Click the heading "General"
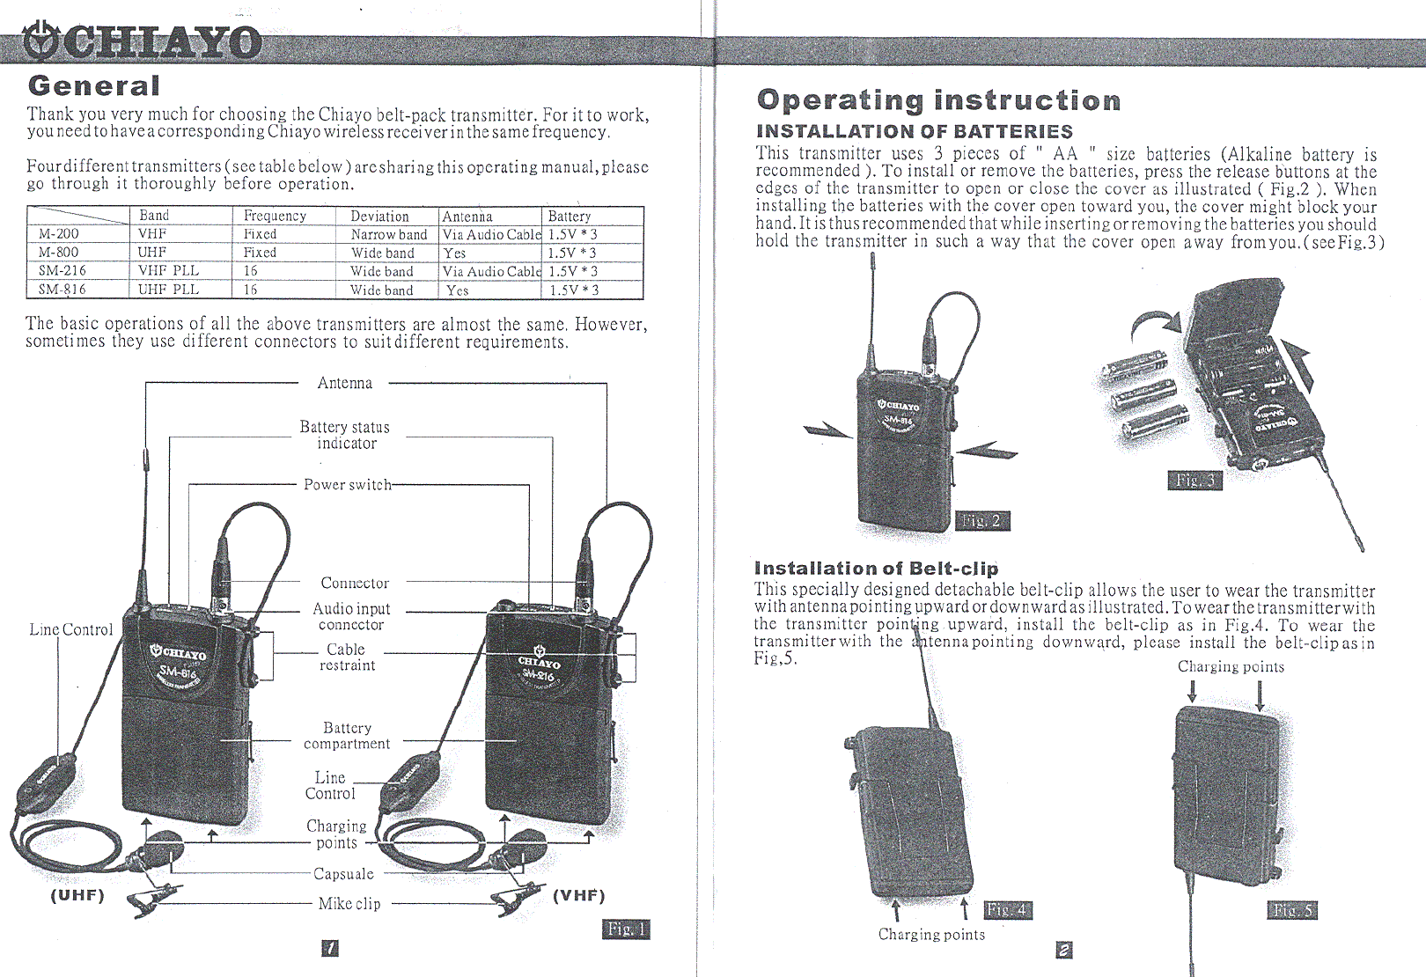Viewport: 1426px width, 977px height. [x=93, y=86]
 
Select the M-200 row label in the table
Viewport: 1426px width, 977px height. [x=58, y=234]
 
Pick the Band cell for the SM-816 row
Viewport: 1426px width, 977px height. [x=168, y=290]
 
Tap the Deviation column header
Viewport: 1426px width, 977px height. [x=379, y=217]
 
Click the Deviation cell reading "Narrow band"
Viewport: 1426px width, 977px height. [x=388, y=235]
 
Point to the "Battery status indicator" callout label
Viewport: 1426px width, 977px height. [x=344, y=435]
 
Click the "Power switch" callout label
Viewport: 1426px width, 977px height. [x=347, y=485]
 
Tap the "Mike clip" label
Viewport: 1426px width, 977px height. [x=349, y=904]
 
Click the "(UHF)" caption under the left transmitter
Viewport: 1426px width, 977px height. [x=77, y=896]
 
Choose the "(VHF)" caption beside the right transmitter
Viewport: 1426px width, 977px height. [x=578, y=896]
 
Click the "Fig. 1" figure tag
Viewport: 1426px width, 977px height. [x=627, y=929]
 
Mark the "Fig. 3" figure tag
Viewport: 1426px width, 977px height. [x=1194, y=480]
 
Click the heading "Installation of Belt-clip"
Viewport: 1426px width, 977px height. [x=876, y=569]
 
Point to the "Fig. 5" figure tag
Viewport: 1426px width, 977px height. [x=1292, y=910]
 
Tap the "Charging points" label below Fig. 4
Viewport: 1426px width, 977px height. [x=931, y=935]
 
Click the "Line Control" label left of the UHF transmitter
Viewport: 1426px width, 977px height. [x=71, y=630]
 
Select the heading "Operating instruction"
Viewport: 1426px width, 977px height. [x=938, y=100]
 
